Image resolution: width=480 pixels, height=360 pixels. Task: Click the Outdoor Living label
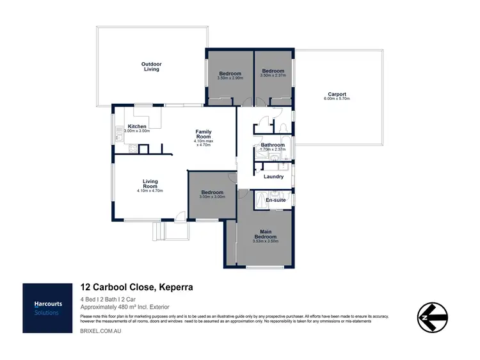click(x=151, y=66)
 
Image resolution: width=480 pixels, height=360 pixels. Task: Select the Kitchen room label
click(x=138, y=126)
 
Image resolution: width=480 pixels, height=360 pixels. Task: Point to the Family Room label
click(x=204, y=134)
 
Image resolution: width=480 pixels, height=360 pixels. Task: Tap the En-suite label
click(x=275, y=200)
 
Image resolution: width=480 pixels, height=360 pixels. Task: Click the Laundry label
click(x=273, y=176)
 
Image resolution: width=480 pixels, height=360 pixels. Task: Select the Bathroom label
click(x=273, y=145)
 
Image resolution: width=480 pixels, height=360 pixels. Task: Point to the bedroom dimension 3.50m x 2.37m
click(x=274, y=76)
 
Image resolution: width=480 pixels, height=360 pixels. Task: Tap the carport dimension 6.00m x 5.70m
click(x=339, y=99)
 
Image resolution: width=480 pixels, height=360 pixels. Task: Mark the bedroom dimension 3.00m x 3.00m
click(x=212, y=198)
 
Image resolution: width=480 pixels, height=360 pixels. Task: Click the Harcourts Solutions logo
click(x=47, y=308)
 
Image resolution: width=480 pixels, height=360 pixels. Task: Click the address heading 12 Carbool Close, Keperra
click(x=136, y=288)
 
